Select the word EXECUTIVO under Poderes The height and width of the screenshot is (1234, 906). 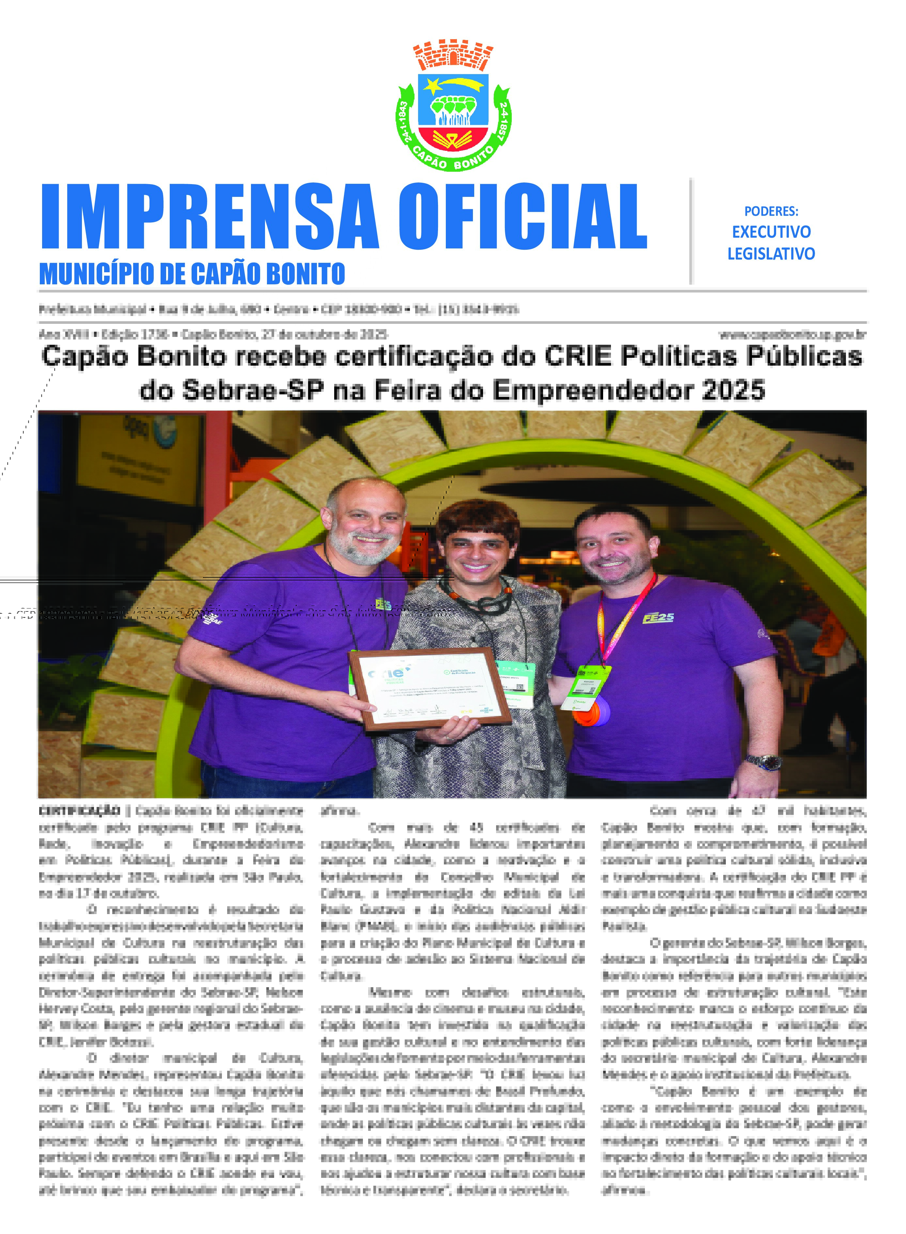771,232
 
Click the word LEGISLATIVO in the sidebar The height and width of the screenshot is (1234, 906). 771,254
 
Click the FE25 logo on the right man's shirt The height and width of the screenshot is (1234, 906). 658,618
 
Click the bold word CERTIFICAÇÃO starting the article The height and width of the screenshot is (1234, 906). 80,811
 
